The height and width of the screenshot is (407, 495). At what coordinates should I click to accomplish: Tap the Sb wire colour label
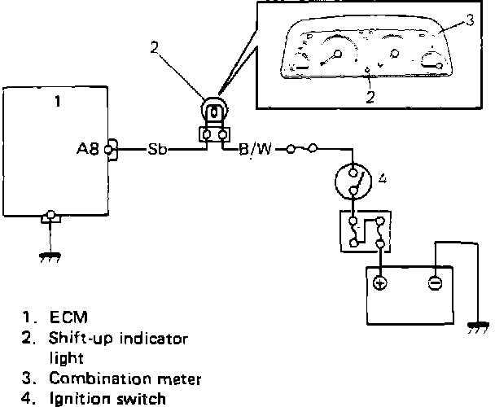tap(157, 150)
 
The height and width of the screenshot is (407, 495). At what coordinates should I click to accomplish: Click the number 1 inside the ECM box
tap(57, 102)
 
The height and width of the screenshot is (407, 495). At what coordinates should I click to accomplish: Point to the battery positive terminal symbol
tap(379, 283)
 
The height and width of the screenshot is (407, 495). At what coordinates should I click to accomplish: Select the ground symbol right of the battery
tap(474, 328)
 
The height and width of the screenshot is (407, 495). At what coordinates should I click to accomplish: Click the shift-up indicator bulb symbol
tap(213, 112)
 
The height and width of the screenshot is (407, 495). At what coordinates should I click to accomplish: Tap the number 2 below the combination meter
tap(370, 96)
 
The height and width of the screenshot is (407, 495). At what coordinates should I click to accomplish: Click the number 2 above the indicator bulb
tap(155, 46)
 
